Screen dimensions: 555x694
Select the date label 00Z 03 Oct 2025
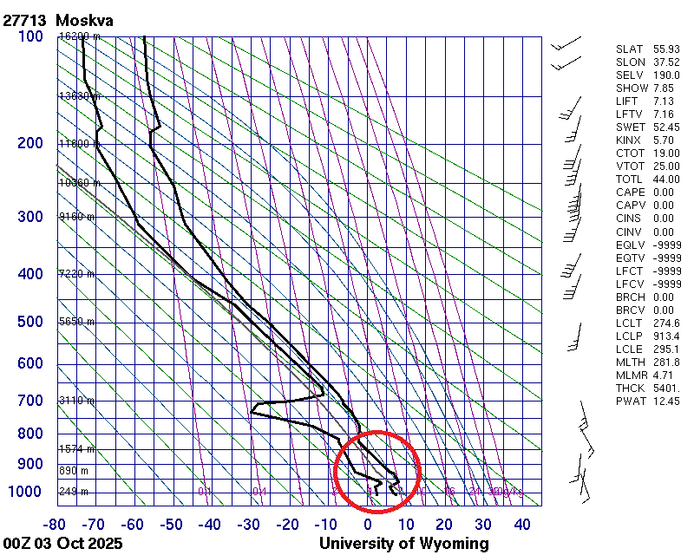(x=62, y=544)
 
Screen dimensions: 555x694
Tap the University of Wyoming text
(x=403, y=544)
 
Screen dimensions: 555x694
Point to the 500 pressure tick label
(x=29, y=322)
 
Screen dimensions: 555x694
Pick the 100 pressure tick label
(x=29, y=36)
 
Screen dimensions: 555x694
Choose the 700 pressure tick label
(x=29, y=401)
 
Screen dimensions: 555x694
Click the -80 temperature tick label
(x=56, y=524)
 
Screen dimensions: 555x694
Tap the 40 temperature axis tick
(x=521, y=524)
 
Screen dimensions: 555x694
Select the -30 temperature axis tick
(x=249, y=524)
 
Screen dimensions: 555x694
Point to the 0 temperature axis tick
(x=368, y=524)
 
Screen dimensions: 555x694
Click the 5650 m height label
(x=76, y=322)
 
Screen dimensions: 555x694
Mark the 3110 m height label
(x=76, y=401)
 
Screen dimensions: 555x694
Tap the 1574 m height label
(x=76, y=449)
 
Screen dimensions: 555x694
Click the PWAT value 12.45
(x=666, y=402)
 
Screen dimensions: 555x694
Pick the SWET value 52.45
(x=666, y=127)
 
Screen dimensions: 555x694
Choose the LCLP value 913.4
(x=666, y=336)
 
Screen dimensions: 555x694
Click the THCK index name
(x=630, y=388)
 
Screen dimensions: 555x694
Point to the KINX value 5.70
(x=664, y=140)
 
